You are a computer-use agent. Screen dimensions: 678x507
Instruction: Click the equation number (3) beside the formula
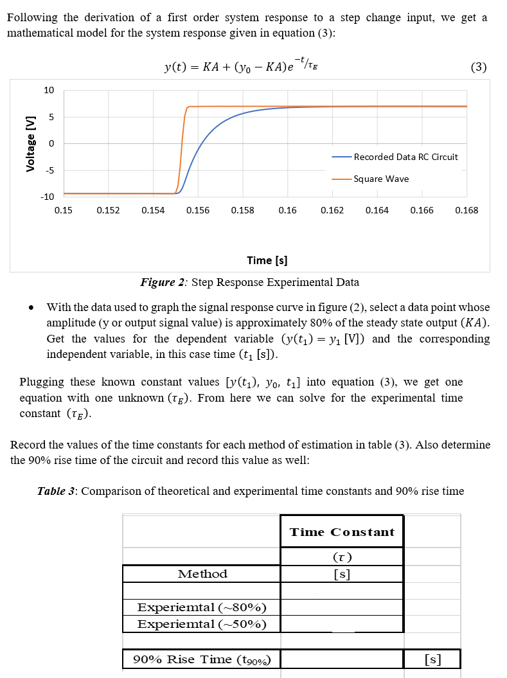[479, 66]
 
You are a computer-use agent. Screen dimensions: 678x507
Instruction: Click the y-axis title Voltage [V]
[29, 145]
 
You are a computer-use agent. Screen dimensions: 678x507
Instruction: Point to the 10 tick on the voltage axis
[49, 90]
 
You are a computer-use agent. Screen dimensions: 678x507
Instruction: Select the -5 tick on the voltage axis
[49, 170]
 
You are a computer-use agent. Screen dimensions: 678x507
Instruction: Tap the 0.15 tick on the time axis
[63, 210]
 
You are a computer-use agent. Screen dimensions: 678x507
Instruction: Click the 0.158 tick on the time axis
[242, 210]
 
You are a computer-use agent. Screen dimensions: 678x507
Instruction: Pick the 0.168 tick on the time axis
[466, 210]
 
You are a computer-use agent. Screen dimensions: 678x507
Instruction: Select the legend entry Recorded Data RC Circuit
[405, 157]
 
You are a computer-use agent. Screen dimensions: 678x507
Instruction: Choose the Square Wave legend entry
[380, 179]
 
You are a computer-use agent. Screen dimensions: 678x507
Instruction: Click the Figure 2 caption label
[163, 282]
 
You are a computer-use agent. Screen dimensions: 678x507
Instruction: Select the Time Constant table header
[342, 532]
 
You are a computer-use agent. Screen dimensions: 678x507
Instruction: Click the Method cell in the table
[202, 574]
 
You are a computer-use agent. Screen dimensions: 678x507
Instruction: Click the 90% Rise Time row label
[202, 659]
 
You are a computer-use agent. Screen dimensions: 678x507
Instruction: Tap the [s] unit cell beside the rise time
[433, 659]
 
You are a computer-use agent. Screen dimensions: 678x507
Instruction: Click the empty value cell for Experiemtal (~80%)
[342, 607]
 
